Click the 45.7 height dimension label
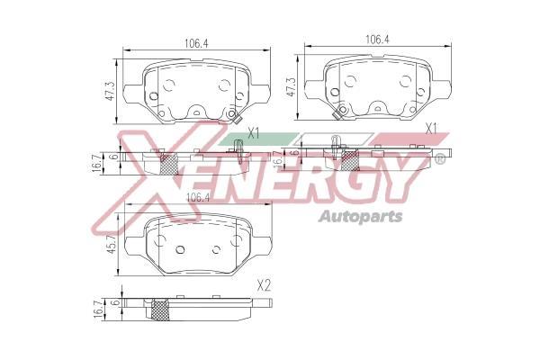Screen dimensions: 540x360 [x=111, y=244]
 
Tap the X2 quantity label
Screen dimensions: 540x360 [x=264, y=285]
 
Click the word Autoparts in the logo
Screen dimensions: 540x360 [x=361, y=217]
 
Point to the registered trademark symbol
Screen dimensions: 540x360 [x=440, y=158]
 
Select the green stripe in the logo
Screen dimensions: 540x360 [x=258, y=139]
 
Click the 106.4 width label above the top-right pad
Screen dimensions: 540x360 [x=377, y=40]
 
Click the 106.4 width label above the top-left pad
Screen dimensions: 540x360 [x=196, y=43]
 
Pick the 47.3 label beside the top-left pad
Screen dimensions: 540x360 [x=110, y=91]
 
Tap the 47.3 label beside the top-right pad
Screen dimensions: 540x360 [x=291, y=86]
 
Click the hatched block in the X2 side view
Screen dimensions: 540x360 [x=160, y=310]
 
